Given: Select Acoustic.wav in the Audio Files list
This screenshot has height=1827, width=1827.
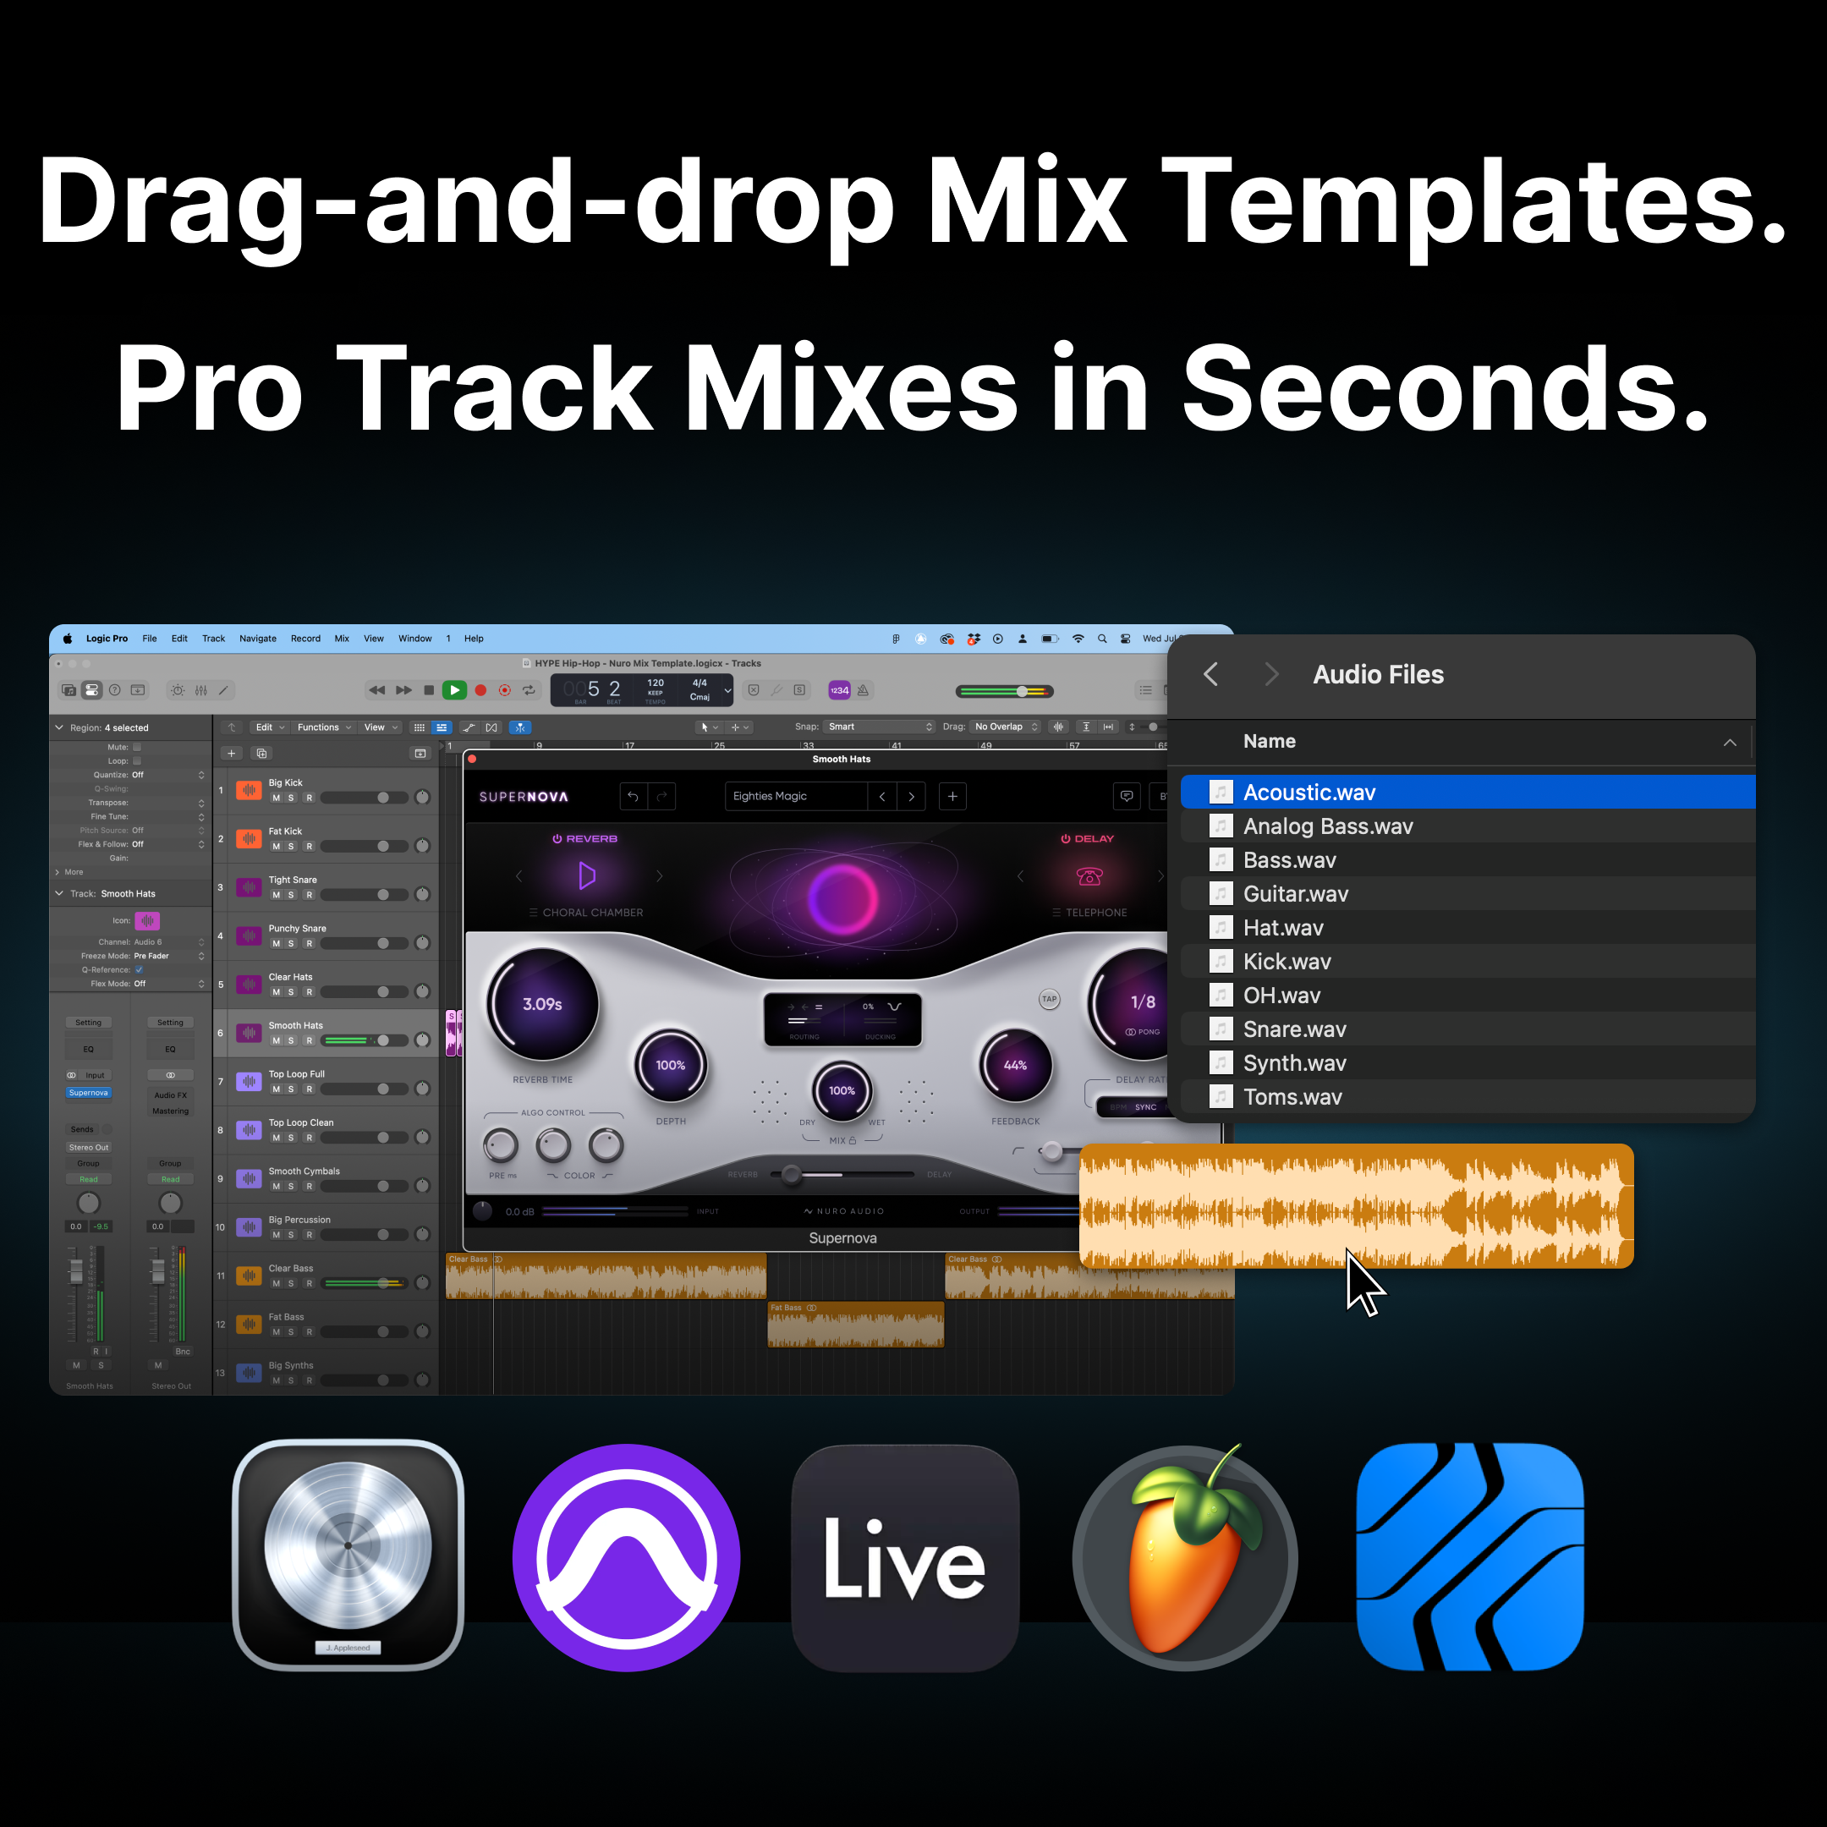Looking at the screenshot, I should point(1309,793).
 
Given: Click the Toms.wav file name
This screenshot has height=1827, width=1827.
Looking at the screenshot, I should point(1292,1097).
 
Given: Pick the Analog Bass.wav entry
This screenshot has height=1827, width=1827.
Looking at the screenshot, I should point(1328,826).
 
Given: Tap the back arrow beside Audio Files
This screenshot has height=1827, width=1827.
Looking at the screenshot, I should point(1210,674).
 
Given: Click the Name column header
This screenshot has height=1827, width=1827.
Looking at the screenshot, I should point(1269,742).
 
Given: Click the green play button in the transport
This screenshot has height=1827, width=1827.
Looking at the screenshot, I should point(455,690).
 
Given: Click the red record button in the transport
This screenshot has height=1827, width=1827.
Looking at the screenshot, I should point(480,690).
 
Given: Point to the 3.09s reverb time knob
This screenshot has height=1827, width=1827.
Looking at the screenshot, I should point(543,1004).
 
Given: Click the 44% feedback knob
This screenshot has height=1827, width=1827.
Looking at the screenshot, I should point(1015,1066).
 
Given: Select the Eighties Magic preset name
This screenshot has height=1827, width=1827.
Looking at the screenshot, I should point(770,796).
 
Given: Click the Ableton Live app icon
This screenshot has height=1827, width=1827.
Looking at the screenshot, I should point(905,1557).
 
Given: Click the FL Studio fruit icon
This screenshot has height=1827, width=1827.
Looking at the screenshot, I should point(1185,1557).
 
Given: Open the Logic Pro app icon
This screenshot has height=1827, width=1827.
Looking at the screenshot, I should point(348,1555).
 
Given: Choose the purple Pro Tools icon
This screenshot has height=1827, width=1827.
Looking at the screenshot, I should point(626,1557).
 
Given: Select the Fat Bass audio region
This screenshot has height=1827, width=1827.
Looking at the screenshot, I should point(855,1325).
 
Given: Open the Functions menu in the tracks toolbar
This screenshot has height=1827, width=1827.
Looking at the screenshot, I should point(319,727).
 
